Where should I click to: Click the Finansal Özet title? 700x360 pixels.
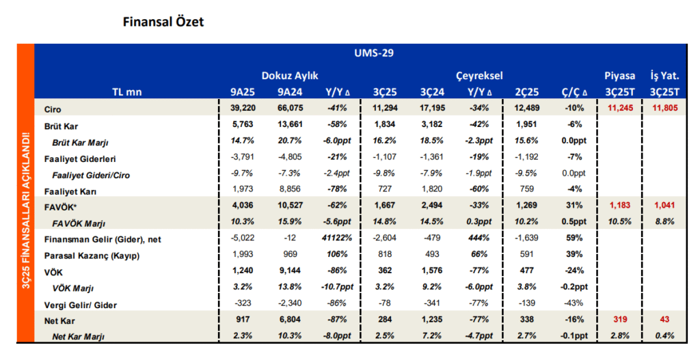pos(163,22)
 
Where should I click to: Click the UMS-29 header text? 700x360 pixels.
pos(374,53)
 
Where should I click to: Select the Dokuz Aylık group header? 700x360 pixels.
pos(290,76)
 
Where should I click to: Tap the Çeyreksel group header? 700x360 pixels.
pos(479,76)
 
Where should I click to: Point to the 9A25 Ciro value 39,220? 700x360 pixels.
pos(243,108)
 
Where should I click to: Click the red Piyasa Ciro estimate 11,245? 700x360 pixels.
pos(620,108)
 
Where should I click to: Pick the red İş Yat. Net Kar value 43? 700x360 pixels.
pos(664,320)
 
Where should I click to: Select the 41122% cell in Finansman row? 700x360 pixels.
pos(336,238)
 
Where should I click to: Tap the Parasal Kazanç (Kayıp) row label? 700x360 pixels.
pos(92,256)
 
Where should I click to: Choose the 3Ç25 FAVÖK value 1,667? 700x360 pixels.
pos(384,206)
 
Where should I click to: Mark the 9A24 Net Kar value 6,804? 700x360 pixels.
pos(290,320)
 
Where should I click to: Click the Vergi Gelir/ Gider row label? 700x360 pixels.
pos(81,305)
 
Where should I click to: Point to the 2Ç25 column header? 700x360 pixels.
pos(527,92)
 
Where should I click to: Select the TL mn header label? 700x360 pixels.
pos(126,92)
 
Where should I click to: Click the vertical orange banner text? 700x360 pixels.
pos(25,210)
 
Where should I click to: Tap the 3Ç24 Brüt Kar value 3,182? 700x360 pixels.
pos(432,124)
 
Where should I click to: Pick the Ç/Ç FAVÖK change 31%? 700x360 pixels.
pos(574,206)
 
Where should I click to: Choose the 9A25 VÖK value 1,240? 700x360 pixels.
pos(243,271)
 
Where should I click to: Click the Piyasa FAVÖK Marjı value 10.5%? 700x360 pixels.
pos(620,222)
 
